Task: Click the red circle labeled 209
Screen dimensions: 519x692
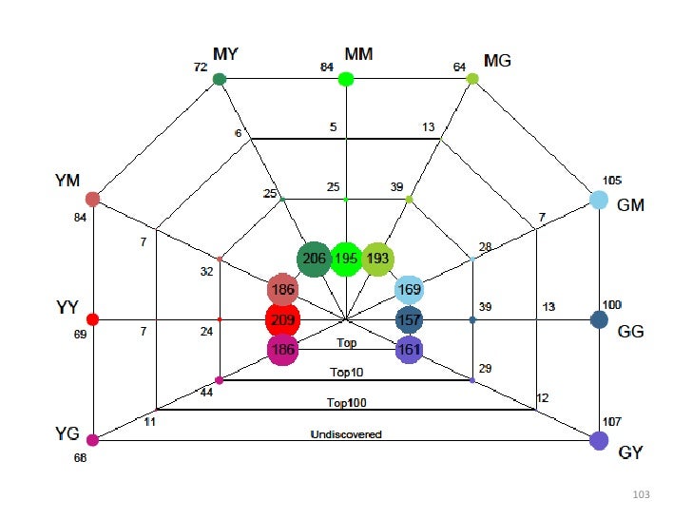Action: [282, 319]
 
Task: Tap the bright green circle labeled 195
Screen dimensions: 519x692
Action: [346, 259]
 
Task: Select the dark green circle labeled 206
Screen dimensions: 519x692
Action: [314, 259]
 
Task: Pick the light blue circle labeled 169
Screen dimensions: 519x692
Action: [410, 289]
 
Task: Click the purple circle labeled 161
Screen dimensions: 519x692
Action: [410, 350]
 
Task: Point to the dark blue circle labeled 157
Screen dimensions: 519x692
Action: [410, 319]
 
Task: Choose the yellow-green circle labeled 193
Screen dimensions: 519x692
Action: [378, 259]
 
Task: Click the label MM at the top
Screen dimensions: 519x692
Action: [358, 53]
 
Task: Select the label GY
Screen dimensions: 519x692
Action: [631, 452]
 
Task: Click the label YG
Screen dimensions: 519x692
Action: [67, 433]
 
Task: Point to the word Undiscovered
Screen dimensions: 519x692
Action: [346, 434]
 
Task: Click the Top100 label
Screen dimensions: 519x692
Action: [347, 403]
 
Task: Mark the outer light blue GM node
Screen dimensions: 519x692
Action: [599, 200]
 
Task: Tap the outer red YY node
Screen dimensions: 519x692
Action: [92, 319]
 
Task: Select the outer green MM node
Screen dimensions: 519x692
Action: [346, 79]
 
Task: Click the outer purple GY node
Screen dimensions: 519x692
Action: [599, 440]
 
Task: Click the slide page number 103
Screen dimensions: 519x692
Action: [640, 495]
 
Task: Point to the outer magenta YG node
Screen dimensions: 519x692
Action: [92, 440]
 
